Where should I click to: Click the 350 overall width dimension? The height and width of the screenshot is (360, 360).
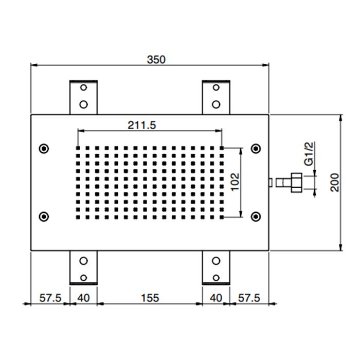coord(156,60)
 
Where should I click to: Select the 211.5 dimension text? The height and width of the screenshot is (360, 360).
coord(141,125)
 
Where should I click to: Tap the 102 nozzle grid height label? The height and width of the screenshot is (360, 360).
coord(235,182)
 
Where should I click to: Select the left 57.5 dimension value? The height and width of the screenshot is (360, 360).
coord(50,297)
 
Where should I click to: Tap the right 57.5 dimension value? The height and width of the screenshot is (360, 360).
coord(249,297)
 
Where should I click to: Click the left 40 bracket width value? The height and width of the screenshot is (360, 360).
coord(83,297)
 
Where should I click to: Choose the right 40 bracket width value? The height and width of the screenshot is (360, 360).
coord(215,297)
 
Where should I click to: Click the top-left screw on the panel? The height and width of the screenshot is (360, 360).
coord(44,149)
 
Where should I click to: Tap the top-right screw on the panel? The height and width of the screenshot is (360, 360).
coord(255,149)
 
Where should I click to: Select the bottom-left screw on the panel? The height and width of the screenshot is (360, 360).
coord(44,216)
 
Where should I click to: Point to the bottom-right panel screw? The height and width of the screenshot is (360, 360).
coord(255,216)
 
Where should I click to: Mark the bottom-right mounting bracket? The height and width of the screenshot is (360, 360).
coord(216,267)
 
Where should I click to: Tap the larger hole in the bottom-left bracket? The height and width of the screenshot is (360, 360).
coord(83,260)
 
